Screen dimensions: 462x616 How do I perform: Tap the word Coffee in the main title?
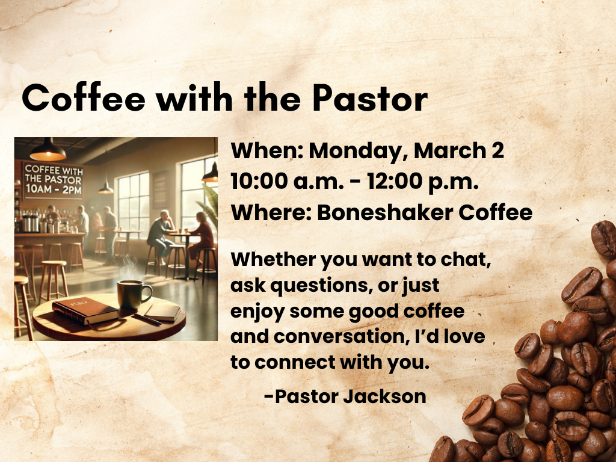point(84,98)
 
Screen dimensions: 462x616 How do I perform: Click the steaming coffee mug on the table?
point(132,294)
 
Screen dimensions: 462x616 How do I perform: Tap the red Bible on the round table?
point(84,311)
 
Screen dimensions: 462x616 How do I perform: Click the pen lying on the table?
point(146,319)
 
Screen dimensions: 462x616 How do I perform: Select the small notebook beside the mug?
point(162,311)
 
